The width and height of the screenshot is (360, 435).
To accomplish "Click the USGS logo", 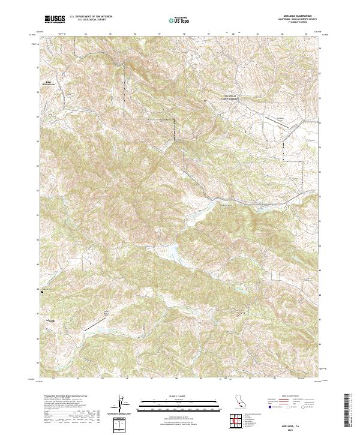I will tap(55, 19).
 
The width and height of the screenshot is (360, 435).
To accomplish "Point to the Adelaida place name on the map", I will tap(53, 322).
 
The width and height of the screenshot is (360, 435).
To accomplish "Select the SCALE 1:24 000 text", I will tap(174, 395).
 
